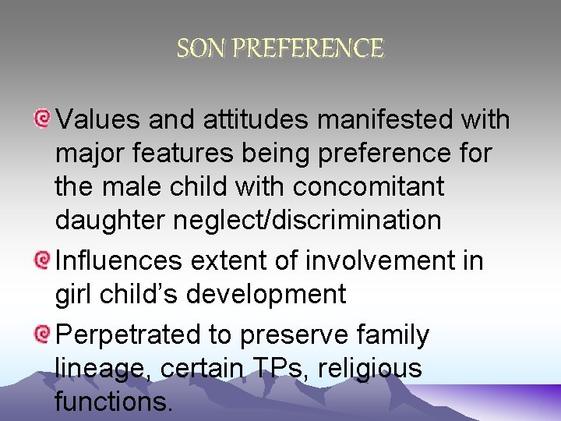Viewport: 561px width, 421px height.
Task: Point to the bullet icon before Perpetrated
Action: point(42,334)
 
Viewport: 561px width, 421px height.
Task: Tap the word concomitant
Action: point(368,187)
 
